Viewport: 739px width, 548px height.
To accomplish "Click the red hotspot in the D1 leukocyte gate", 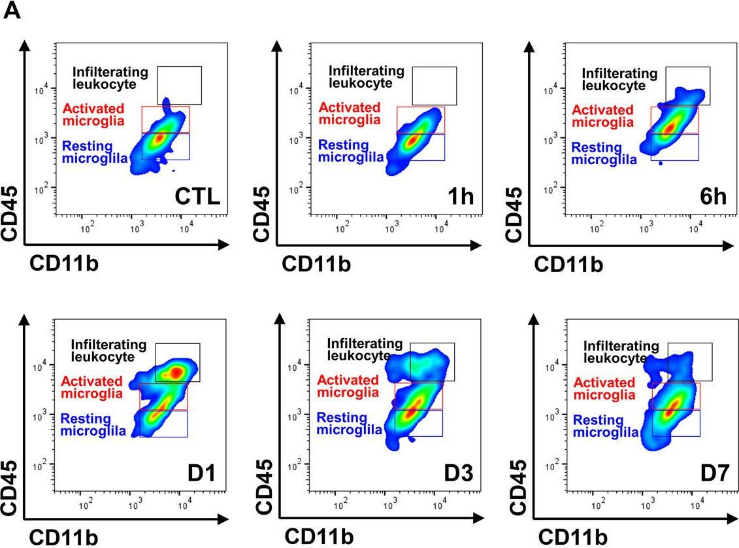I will tap(176, 373).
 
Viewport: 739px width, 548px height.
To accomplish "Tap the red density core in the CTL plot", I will tap(157, 139).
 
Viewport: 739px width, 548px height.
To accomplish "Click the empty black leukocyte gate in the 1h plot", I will tap(434, 85).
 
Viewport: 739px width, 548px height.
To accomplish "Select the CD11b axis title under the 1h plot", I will tap(316, 264).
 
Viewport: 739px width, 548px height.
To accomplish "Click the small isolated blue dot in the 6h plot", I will tap(661, 163).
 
